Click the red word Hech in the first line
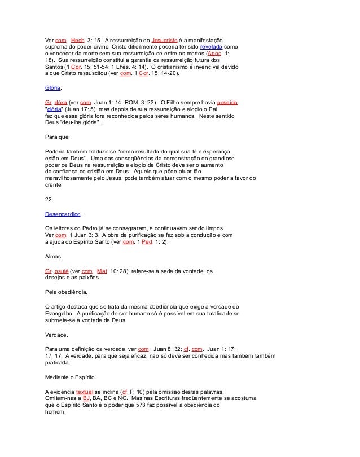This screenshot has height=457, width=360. (77, 41)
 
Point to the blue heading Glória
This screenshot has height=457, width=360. (53, 89)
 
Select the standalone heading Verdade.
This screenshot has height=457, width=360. (58, 335)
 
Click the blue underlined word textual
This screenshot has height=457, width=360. (84, 390)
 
